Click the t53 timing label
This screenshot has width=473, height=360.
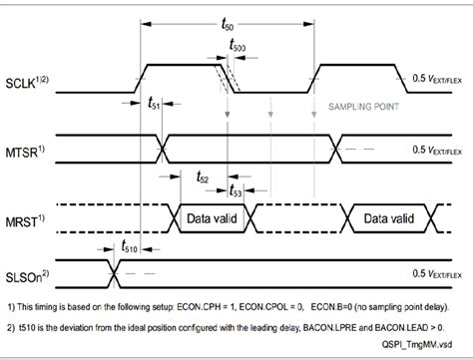coord(236,193)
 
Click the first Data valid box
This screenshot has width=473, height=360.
coord(214,213)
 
